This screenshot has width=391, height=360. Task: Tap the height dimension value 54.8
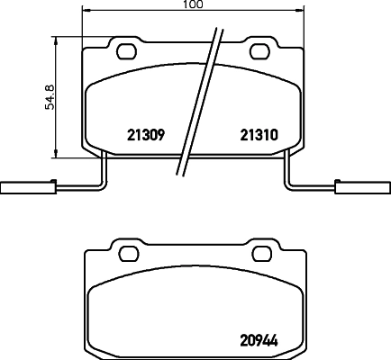click(52, 93)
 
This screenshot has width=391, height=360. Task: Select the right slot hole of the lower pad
click(259, 251)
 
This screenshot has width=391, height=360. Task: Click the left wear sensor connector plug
click(17, 189)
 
